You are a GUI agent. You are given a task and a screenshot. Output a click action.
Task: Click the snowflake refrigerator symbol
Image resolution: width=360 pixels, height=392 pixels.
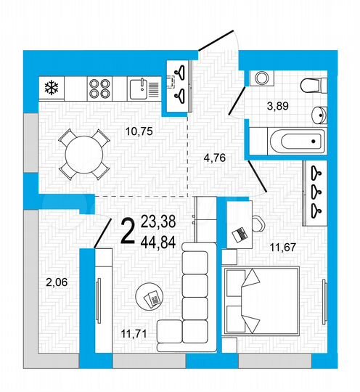point(52,89)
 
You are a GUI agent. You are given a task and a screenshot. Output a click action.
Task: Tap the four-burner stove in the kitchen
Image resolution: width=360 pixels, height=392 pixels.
point(99,89)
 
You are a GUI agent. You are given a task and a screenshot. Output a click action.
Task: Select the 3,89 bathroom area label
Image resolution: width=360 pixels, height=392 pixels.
point(279,107)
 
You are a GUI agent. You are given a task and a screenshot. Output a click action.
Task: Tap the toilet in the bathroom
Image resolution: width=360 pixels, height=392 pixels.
point(309,83)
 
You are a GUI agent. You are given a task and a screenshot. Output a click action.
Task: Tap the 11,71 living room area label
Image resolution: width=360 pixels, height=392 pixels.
point(132,335)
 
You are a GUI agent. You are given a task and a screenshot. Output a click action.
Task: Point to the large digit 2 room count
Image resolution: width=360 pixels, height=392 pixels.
point(126,231)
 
